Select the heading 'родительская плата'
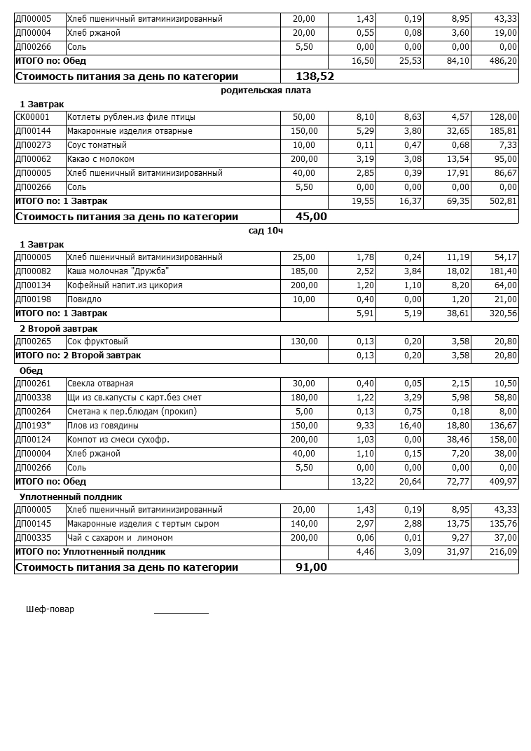(265, 90)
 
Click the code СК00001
(32, 117)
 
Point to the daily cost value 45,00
(311, 217)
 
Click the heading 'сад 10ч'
(265, 231)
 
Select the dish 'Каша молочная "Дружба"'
(118, 271)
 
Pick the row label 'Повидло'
(84, 299)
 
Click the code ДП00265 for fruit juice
(33, 341)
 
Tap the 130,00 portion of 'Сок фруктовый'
(304, 341)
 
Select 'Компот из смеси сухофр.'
(118, 440)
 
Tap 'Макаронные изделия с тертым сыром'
(143, 524)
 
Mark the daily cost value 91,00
(311, 567)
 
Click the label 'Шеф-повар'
(50, 609)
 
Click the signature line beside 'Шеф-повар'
(181, 612)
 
